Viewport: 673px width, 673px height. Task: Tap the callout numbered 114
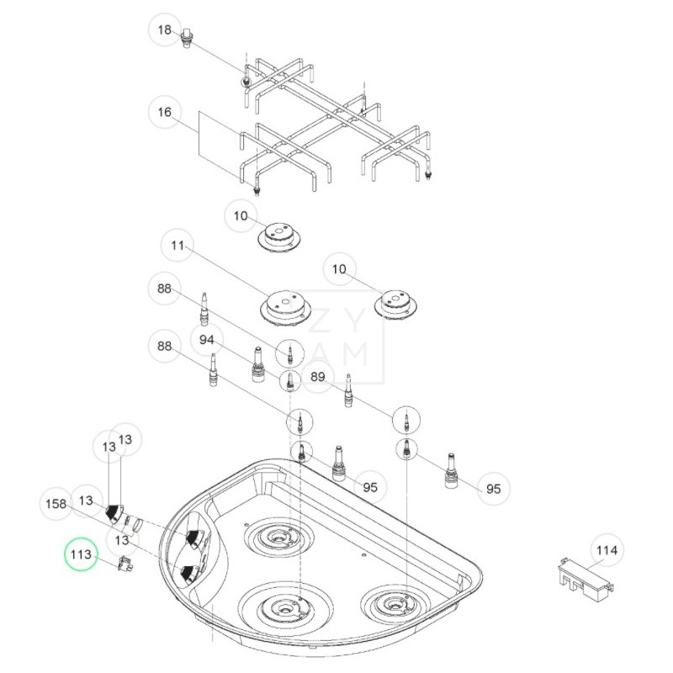(607, 551)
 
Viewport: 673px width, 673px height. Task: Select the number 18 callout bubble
(165, 30)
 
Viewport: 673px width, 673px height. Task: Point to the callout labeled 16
(165, 112)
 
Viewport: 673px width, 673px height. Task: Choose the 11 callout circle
(177, 246)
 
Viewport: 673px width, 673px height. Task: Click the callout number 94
(207, 340)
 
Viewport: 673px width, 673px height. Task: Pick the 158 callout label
(56, 503)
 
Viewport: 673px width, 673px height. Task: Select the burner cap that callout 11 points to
(284, 305)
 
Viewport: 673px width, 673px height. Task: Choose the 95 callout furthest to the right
(493, 488)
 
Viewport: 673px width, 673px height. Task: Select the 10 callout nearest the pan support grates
(241, 216)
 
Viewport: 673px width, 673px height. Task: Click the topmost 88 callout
(164, 289)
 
